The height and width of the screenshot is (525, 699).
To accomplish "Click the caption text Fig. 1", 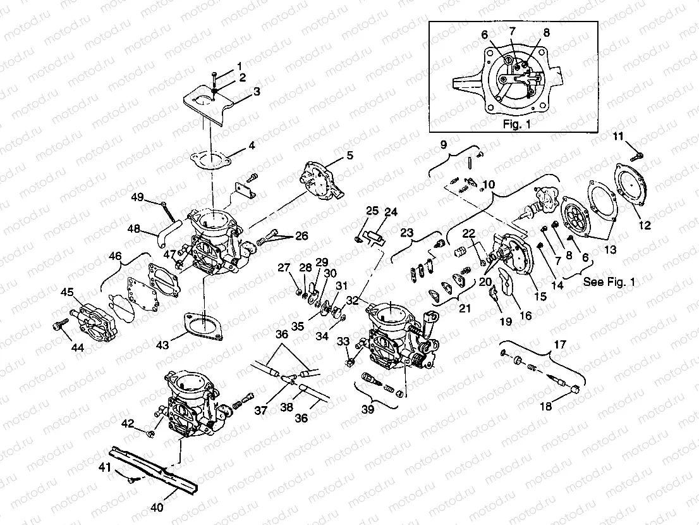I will pyautogui.click(x=516, y=124).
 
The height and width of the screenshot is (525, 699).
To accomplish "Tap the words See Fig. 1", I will pyautogui.click(x=609, y=282).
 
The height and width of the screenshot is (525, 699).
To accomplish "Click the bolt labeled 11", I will pyautogui.click(x=635, y=152).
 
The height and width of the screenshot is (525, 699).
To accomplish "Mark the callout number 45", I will pyautogui.click(x=67, y=292).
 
